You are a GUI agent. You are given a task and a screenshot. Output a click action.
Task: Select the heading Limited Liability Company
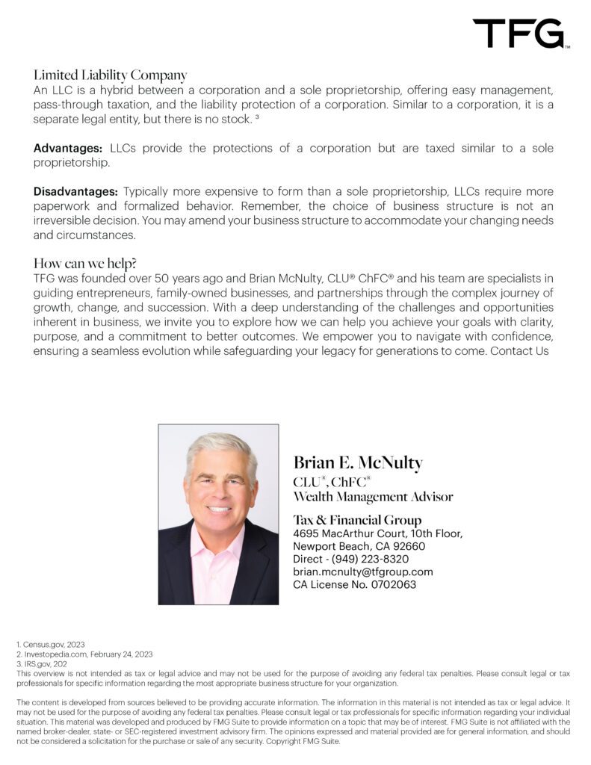coord(110,75)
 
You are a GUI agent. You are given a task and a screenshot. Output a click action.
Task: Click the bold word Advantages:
coord(68,148)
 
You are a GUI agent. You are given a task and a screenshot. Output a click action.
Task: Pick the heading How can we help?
coord(90,264)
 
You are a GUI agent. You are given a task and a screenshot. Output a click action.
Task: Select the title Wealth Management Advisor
coord(373,496)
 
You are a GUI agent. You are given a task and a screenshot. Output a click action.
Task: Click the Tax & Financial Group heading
coord(357,520)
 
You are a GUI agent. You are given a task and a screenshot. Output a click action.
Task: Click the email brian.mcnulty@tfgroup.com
coord(363,572)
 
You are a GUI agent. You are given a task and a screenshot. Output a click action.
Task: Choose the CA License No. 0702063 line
coord(355,584)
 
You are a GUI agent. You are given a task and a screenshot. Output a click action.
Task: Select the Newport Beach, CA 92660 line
coord(358,546)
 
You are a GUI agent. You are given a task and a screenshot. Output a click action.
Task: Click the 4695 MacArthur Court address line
coord(378,533)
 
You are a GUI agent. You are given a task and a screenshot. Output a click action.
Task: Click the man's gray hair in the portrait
coord(220,447)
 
